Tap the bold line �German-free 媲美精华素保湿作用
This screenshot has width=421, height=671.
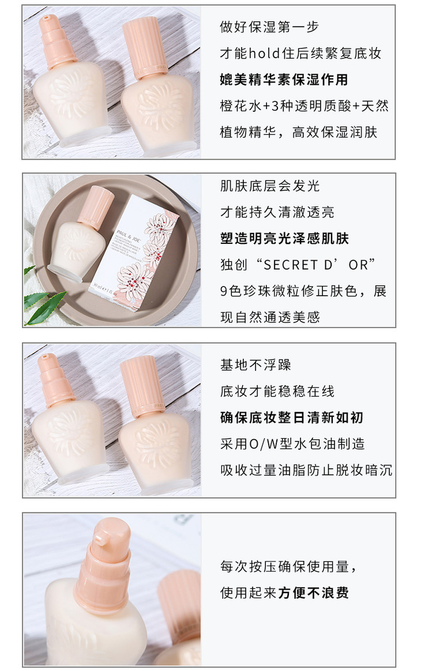(284, 80)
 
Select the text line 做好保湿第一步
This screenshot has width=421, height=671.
(269, 27)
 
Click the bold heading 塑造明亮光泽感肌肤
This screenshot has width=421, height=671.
(284, 238)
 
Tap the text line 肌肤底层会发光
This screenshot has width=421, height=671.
(270, 186)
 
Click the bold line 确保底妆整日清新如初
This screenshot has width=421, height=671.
(291, 418)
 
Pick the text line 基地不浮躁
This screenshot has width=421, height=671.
(255, 365)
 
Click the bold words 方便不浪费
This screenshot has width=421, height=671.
(314, 593)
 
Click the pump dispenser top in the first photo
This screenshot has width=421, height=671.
(56, 41)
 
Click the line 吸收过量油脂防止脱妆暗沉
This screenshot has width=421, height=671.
(306, 470)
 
